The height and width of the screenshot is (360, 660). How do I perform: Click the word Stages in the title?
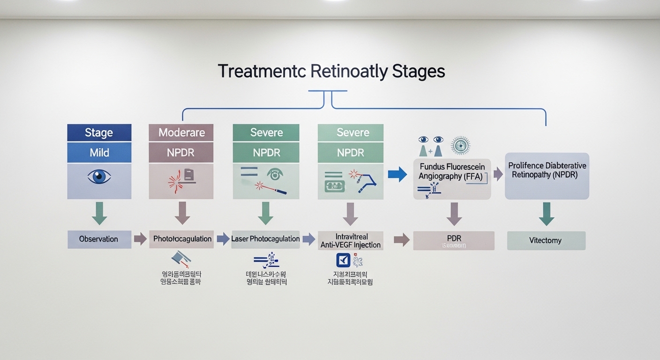point(418,72)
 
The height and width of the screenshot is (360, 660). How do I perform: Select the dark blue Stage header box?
point(99,133)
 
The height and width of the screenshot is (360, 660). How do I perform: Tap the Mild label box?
point(99,152)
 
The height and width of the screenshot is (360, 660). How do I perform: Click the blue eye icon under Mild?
point(99,177)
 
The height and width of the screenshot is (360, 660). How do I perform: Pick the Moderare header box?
point(181,133)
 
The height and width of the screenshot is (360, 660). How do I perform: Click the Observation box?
point(99,239)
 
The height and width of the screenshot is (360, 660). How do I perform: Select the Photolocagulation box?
point(182,239)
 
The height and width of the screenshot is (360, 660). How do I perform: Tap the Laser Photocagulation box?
point(265,239)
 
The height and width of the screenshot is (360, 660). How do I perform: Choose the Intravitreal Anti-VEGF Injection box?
point(350,240)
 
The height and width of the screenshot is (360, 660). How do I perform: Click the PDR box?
point(454,240)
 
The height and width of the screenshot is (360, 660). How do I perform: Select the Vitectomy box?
point(546,240)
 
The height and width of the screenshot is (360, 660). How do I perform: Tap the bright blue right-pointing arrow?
point(397,174)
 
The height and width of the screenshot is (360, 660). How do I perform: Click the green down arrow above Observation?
point(99,213)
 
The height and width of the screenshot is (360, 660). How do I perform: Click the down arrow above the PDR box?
point(454,214)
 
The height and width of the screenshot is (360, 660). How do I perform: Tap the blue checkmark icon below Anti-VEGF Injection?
point(344,261)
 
